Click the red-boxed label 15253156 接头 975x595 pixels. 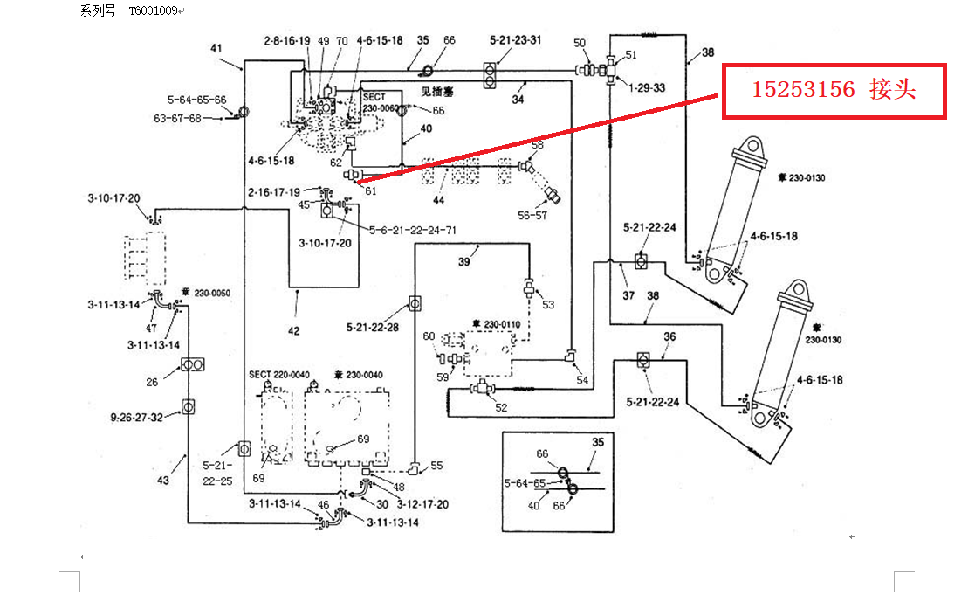point(834,91)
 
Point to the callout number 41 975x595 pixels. point(217,48)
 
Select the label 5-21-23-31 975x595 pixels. point(515,40)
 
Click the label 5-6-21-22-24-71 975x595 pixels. point(413,230)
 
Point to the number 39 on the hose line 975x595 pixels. point(464,261)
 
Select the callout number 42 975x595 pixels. point(294,330)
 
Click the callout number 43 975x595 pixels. point(162,481)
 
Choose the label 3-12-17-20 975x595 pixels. point(422,504)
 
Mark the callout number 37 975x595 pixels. point(628,295)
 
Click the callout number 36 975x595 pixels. point(669,336)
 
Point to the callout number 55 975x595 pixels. point(436,467)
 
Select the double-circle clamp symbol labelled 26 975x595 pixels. point(193,363)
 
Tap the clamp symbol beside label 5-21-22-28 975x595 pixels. point(415,304)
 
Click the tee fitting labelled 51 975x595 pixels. point(609,68)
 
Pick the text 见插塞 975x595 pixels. point(437,90)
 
